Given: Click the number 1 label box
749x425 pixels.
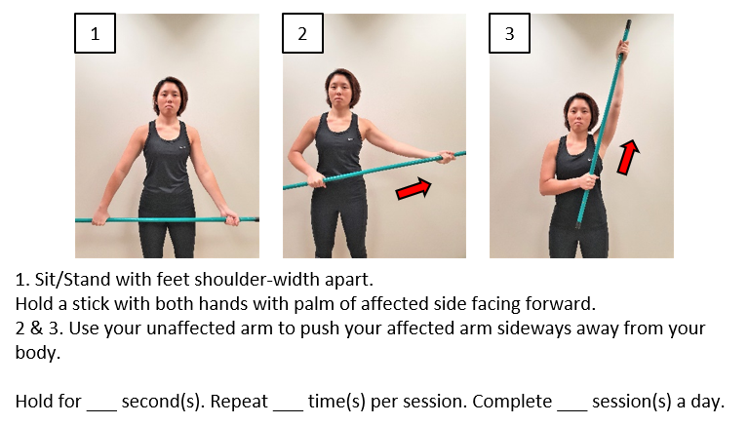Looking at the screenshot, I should click(x=95, y=33).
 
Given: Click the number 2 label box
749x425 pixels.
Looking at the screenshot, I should click(x=302, y=33).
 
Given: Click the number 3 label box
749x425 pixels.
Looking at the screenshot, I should click(x=509, y=33).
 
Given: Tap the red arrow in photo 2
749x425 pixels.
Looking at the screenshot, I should click(x=413, y=189).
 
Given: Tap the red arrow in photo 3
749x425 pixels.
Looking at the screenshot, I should click(x=628, y=157).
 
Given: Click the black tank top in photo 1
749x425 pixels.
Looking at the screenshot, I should click(x=168, y=161).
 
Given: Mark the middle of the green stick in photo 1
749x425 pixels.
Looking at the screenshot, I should click(x=167, y=219).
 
